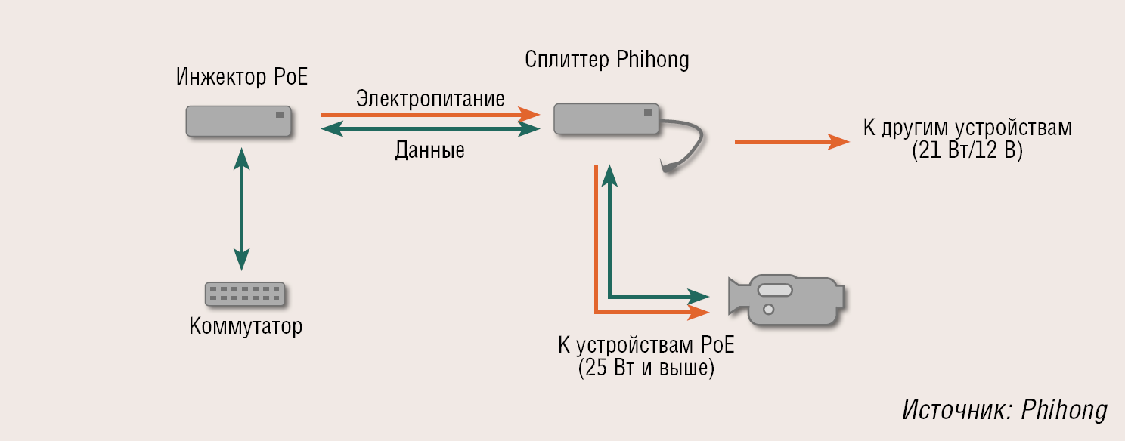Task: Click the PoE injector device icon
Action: coord(239,121)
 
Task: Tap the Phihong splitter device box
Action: coord(607,119)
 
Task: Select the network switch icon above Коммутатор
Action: coord(245,295)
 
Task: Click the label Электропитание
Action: coord(430,99)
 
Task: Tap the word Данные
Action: coord(429,150)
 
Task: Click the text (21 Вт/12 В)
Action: coord(967,150)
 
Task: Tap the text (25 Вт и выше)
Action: coord(646,369)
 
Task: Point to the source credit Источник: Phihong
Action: coord(1005,409)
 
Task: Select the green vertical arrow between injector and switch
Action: coord(241,209)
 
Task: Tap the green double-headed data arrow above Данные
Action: coord(430,130)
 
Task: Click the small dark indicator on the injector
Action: coord(280,115)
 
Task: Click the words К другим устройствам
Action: coord(967,127)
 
